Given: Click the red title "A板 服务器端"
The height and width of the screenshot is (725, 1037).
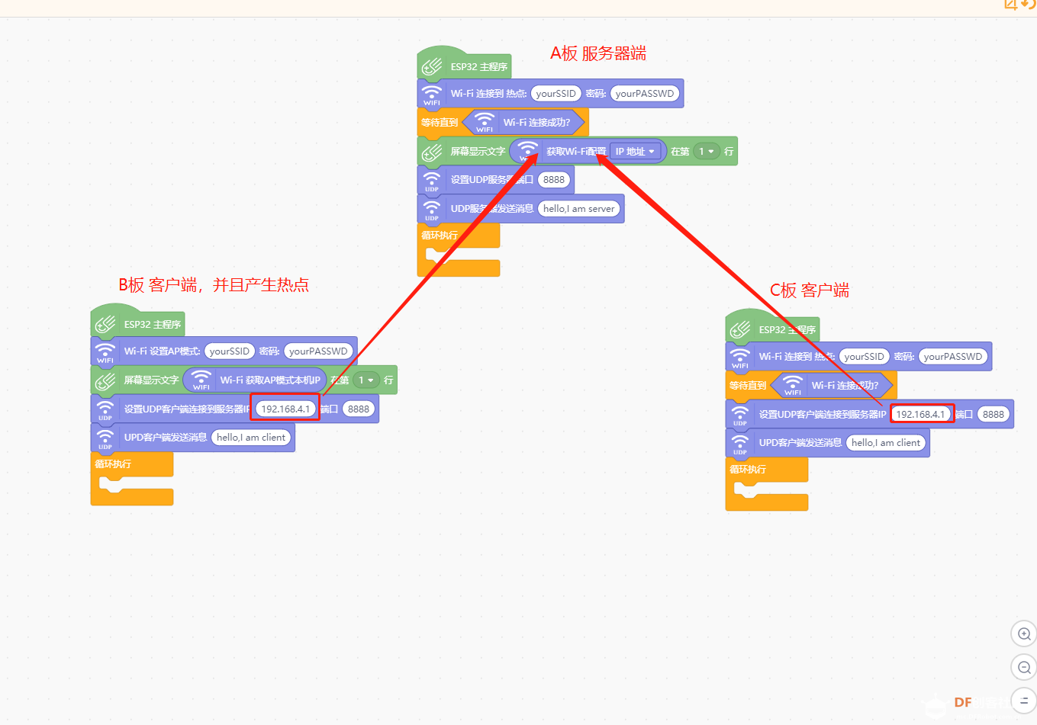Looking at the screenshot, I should coord(598,53).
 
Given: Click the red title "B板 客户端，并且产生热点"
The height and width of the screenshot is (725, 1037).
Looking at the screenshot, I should coord(214,285).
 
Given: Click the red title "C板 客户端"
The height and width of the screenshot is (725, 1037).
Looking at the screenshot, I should coord(810,290).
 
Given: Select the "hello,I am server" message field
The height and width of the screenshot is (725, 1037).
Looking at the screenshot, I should coord(579,209).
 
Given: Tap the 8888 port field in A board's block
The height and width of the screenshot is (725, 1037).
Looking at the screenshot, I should coord(554,180).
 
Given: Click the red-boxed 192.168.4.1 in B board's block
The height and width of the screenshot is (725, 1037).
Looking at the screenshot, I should coord(285,409).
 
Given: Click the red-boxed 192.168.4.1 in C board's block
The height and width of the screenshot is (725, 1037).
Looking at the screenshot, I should coord(920,415).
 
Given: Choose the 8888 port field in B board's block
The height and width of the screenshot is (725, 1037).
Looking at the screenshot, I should coord(359,409).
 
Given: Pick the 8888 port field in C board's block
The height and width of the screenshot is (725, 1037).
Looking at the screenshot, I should coord(994,415).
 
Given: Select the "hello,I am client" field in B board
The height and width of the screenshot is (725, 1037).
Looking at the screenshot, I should coord(251,438).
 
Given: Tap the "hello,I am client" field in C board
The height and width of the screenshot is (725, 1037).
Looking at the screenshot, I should coord(886,443).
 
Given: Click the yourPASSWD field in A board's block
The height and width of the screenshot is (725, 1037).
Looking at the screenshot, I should coord(645,94).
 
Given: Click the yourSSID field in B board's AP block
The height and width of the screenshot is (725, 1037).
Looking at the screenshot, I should coord(230,351).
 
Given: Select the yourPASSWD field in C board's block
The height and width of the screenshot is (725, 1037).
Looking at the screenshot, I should coord(953,357).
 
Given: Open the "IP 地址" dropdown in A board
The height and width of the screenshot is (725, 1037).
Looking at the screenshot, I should coord(635,152).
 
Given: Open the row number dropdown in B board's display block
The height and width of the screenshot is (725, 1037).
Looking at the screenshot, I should coord(366,380).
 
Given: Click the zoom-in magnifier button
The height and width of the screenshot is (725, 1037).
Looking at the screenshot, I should coord(1024,634).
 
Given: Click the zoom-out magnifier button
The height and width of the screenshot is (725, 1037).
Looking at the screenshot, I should coord(1024,668).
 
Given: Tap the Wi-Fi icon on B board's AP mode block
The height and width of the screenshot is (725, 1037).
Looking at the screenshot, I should coord(105,351).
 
